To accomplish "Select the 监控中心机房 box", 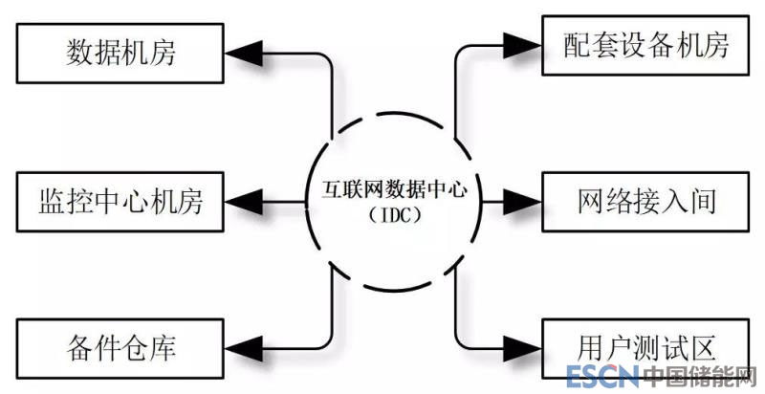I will [x=120, y=201].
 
